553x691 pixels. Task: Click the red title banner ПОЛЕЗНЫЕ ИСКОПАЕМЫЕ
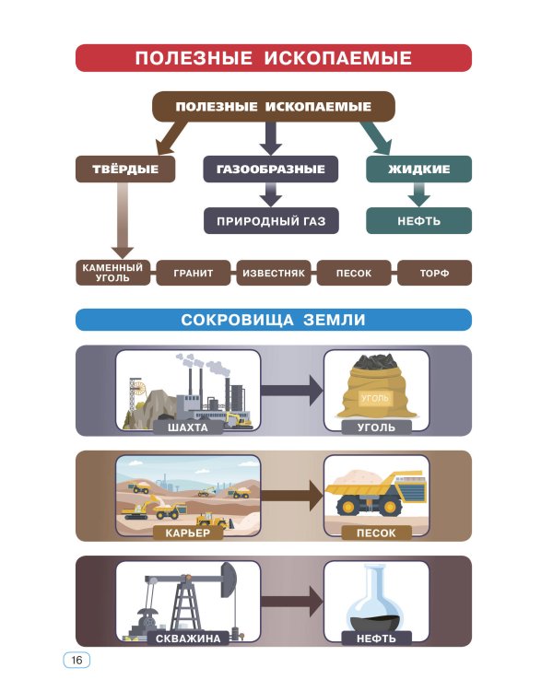click(273, 58)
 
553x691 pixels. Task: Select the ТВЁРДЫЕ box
click(124, 170)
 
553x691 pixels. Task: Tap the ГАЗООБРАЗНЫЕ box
click(270, 170)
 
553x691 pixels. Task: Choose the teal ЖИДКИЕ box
click(418, 170)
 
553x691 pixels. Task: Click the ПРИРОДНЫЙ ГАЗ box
click(270, 221)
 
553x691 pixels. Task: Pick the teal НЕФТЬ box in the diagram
click(418, 221)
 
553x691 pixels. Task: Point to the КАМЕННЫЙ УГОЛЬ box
click(112, 273)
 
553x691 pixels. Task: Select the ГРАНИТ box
click(192, 274)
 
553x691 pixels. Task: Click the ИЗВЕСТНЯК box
click(273, 274)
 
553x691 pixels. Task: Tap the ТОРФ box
click(434, 274)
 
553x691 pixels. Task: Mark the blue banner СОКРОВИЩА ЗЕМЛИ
click(273, 320)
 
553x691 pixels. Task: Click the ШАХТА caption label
click(188, 427)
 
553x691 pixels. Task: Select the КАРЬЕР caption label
click(188, 533)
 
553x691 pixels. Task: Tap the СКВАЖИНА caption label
click(188, 638)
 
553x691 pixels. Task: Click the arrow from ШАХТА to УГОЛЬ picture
click(291, 390)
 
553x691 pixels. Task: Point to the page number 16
click(76, 661)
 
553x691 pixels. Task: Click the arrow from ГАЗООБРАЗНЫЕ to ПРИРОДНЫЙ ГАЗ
click(270, 193)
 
